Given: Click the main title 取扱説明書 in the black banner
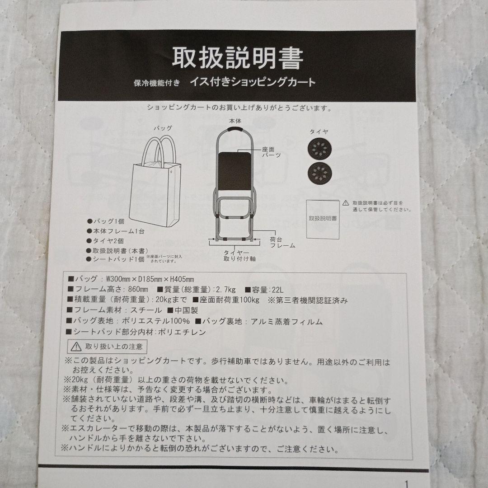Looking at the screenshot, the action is click(x=238, y=58).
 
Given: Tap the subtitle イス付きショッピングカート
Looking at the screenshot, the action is click(x=253, y=82).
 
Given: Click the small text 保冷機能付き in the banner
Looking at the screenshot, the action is click(x=157, y=83).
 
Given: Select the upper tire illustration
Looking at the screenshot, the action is click(x=319, y=149).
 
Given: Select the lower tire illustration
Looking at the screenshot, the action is click(x=319, y=174).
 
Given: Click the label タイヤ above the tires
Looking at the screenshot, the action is click(x=319, y=131).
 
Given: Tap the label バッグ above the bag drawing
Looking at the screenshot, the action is click(x=163, y=128).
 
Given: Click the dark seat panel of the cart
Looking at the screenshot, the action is click(x=235, y=171).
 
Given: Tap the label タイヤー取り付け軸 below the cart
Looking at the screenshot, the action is click(x=239, y=255).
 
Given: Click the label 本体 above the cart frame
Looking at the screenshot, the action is click(x=235, y=121).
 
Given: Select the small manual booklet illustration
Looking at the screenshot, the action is click(x=323, y=219).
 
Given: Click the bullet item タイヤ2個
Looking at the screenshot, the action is click(x=105, y=241).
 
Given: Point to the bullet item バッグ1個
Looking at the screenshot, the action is click(x=106, y=221).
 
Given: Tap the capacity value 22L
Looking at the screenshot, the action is click(x=277, y=290).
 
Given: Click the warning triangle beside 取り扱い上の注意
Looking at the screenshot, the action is click(x=76, y=347).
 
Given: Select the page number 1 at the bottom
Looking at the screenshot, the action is click(x=406, y=484).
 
